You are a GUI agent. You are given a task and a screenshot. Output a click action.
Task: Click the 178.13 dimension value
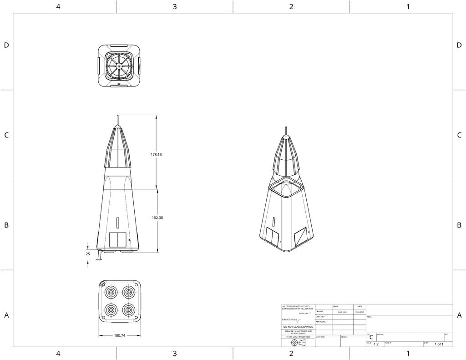(x=156, y=155)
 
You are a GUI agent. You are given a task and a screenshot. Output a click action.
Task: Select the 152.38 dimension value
(x=157, y=218)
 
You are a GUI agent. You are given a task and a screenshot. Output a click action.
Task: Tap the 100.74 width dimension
(x=120, y=335)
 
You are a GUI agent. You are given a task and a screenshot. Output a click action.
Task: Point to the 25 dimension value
(x=88, y=254)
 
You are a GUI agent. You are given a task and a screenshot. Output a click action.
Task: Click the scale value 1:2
(x=376, y=345)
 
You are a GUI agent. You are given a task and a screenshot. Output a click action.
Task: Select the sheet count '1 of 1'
(x=439, y=345)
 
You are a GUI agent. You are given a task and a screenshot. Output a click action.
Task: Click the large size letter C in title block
(x=371, y=337)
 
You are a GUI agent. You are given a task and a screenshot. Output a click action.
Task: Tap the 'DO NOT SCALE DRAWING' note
(x=298, y=327)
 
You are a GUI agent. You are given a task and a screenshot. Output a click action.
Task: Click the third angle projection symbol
(x=298, y=342)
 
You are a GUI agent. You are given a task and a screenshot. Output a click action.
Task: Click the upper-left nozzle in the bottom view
(x=111, y=292)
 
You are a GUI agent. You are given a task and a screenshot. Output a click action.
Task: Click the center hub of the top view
(x=119, y=66)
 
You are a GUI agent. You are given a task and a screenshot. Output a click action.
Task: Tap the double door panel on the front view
(x=118, y=240)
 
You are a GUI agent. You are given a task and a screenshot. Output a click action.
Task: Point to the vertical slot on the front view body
(x=118, y=223)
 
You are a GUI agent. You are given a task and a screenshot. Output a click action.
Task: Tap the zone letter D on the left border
(x=6, y=45)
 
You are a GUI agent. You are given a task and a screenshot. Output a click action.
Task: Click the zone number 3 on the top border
(x=175, y=6)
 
